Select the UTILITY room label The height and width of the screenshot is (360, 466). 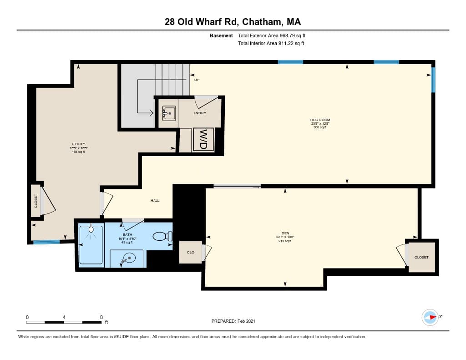point(78,144)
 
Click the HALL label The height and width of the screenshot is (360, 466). point(155,200)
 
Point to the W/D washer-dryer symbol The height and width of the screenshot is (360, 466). point(203,139)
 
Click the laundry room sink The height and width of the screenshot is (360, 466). point(169,113)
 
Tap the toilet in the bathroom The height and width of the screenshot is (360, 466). point(162,236)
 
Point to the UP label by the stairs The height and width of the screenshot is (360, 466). point(197,80)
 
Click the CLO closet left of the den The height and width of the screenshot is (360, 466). point(191,252)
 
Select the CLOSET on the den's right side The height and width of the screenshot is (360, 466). point(421,257)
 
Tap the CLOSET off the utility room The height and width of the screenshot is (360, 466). point(36,201)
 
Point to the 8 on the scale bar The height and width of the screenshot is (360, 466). point(101,317)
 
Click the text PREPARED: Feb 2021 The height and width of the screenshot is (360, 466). point(233,321)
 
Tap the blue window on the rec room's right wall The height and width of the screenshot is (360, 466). point(433,80)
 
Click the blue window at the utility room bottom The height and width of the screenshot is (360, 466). point(46,242)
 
